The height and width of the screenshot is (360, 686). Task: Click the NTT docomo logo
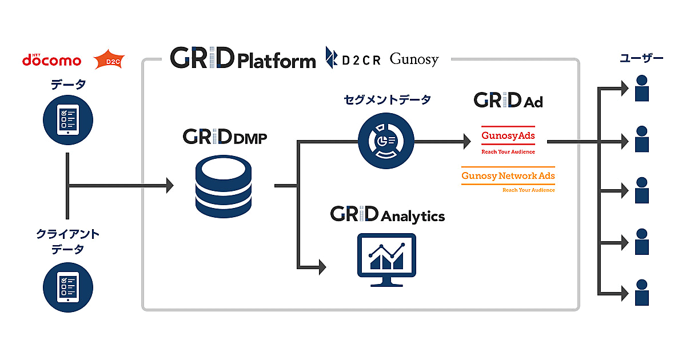(x=51, y=60)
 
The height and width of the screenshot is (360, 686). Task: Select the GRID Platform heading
(x=243, y=58)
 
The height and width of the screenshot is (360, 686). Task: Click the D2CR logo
(x=353, y=59)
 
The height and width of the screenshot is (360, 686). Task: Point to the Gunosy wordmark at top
(x=414, y=59)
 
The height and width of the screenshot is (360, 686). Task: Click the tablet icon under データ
(x=68, y=117)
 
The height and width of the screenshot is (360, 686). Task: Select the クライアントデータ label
(x=68, y=242)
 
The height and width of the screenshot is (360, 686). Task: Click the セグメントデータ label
(x=387, y=100)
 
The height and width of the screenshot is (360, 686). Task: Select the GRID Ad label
(x=508, y=101)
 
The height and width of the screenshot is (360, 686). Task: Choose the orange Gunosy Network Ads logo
(x=508, y=179)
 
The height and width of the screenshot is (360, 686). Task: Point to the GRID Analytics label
(x=387, y=215)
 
